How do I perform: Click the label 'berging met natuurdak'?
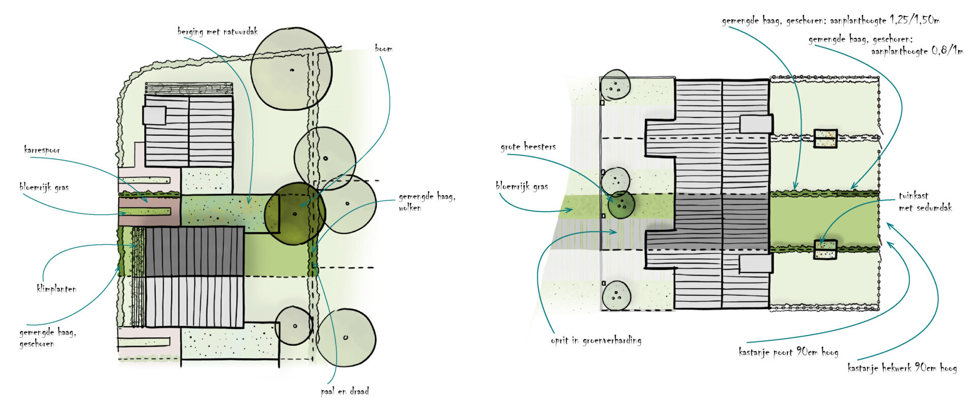click(x=218, y=32)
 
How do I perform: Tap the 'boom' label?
click(x=383, y=49)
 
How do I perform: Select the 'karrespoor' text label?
click(x=42, y=150)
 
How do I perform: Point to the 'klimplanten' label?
click(x=56, y=289)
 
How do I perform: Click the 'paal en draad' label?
click(x=345, y=391)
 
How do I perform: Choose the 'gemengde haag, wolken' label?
click(x=426, y=202)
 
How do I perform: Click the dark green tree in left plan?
click(x=295, y=213)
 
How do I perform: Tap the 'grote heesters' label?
click(x=528, y=147)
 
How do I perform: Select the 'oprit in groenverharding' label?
click(x=596, y=340)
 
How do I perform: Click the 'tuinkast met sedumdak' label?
click(x=925, y=202)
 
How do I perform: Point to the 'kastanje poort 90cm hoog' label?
click(x=788, y=352)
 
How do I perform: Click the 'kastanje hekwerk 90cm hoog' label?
click(x=902, y=368)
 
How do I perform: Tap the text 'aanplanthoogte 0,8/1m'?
click(x=917, y=51)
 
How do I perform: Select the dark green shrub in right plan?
click(x=621, y=204)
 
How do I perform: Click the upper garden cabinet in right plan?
click(x=825, y=138)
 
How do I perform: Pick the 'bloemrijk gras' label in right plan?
click(x=522, y=186)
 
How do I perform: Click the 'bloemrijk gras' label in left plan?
click(x=44, y=187)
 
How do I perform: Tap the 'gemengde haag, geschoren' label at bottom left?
click(x=47, y=338)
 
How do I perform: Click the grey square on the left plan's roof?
click(x=154, y=115)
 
